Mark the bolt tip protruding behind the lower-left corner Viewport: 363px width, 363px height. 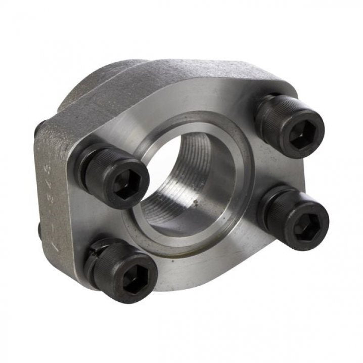pyautogui.click(x=39, y=230)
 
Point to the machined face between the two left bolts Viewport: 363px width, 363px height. pyautogui.click(x=109, y=222)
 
